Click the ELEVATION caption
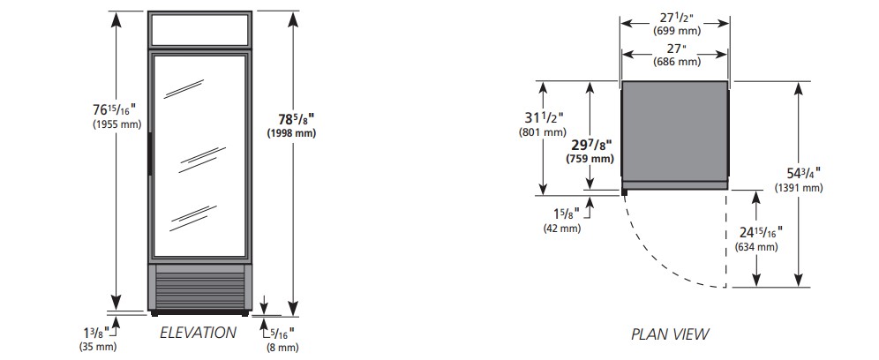pos(198,333)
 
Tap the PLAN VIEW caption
pos(669,334)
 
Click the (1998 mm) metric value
pos(291,133)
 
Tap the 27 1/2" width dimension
pos(675,18)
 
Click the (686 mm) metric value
pos(677,63)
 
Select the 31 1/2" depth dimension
pos(544,118)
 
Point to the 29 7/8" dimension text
pos(591,146)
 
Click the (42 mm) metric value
pos(561,229)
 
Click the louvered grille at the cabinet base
pos(200,286)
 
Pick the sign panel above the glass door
pos(200,30)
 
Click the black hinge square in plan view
pos(624,191)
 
